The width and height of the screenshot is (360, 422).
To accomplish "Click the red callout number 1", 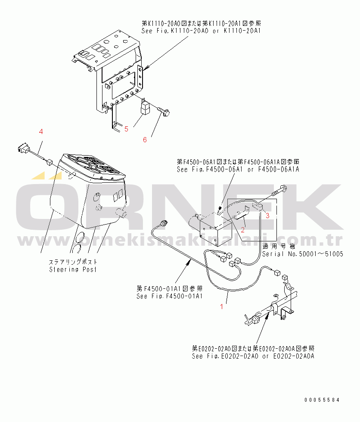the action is pyautogui.click(x=221, y=306).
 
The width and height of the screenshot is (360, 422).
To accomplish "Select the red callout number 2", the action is pyautogui.click(x=243, y=230).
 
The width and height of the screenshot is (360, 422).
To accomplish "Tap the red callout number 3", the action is pyautogui.click(x=267, y=216).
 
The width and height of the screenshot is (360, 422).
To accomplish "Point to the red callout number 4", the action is pyautogui.click(x=41, y=131).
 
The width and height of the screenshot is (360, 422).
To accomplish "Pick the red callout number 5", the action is pyautogui.click(x=126, y=129).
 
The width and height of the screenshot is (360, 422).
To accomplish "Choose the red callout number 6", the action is pyautogui.click(x=145, y=140).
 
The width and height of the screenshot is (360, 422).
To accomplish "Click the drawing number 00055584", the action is pyautogui.click(x=322, y=400).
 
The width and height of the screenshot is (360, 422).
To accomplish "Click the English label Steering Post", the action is pyautogui.click(x=73, y=269).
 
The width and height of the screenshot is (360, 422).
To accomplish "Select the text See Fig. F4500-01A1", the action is pyautogui.click(x=169, y=296).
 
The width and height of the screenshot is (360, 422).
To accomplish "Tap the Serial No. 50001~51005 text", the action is pyautogui.click(x=303, y=254).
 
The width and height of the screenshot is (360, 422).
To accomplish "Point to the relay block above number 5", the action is pyautogui.click(x=146, y=106).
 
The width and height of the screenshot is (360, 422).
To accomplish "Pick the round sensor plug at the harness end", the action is pyautogui.click(x=163, y=223).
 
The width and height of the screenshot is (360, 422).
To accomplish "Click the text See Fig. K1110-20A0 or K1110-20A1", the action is pyautogui.click(x=201, y=31).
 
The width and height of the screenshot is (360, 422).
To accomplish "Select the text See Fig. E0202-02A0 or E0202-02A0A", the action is pyautogui.click(x=253, y=356).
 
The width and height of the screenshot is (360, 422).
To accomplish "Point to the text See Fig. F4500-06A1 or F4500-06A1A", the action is pyautogui.click(x=238, y=169).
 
